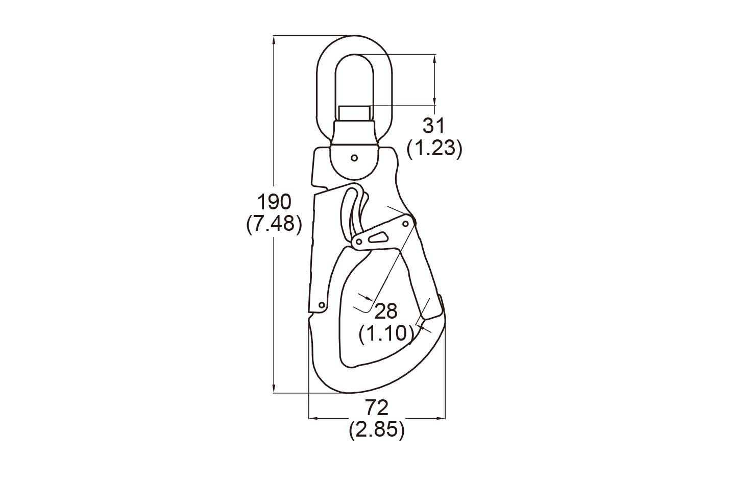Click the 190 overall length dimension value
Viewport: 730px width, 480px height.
pos(274,202)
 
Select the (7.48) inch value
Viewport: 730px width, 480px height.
pos(274,224)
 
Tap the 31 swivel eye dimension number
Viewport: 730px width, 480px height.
pos(434,126)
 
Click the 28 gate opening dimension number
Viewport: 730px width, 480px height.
pos(386,311)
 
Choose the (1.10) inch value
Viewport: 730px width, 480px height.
pos(386,333)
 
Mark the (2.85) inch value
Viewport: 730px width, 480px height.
pos(377,430)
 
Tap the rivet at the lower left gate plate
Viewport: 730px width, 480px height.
pos(322,305)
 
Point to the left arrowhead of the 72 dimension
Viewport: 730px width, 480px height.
pos(313,419)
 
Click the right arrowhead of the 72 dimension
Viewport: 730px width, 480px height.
pos(442,419)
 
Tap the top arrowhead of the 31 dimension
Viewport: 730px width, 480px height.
pos(434,57)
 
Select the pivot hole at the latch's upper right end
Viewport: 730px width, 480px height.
pos(407,223)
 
